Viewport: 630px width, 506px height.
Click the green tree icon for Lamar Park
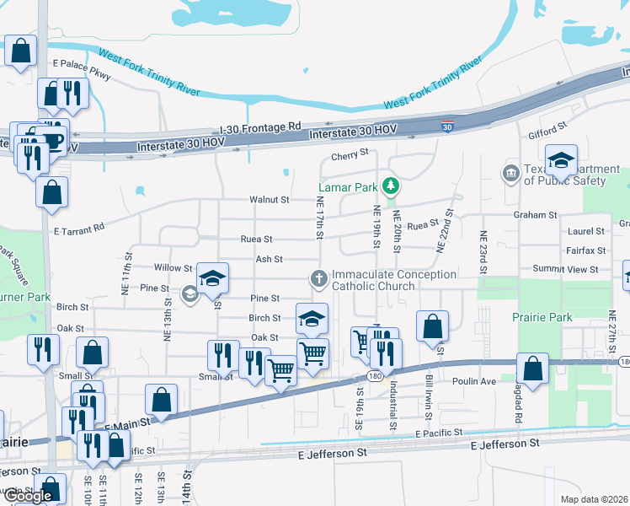tap(390, 186)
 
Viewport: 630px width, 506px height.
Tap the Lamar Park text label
tap(348, 186)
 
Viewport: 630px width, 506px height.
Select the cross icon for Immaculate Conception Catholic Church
tap(318, 277)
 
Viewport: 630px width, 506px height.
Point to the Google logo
tap(28, 496)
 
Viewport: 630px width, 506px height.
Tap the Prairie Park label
tap(542, 317)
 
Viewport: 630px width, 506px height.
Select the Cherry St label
tap(350, 154)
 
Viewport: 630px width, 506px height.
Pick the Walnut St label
tap(269, 200)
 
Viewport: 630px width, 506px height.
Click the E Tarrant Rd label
tap(79, 228)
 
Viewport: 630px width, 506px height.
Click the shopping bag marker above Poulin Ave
tap(532, 368)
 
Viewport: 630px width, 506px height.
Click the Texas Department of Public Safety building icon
tap(510, 174)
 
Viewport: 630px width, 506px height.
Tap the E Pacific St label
tap(439, 433)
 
